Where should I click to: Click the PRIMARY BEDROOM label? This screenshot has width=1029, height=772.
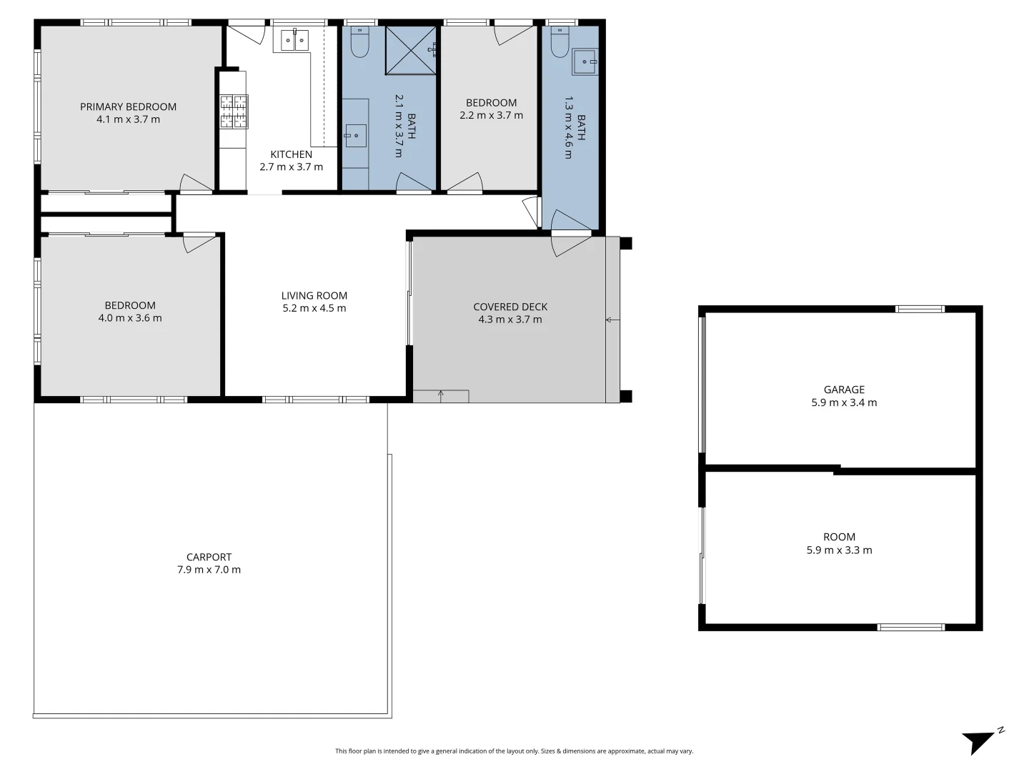pos(128,107)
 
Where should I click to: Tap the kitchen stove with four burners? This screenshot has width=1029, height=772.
pos(234,112)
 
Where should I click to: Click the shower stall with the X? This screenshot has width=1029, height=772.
pos(410,50)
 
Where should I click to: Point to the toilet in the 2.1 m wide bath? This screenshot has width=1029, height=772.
pos(359,44)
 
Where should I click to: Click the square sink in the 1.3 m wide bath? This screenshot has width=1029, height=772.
pos(585,62)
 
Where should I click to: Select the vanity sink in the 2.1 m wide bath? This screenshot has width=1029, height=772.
pos(355,135)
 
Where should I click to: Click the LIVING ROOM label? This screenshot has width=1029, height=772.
pos(314,295)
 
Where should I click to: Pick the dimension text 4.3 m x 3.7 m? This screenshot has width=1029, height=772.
pos(510,320)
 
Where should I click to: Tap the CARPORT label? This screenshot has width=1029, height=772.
pos(209,557)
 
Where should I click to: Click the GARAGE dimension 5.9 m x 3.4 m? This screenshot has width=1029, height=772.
pos(844,402)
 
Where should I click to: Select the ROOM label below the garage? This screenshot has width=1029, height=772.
pos(839,537)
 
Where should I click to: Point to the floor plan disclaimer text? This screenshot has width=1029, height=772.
pos(514,751)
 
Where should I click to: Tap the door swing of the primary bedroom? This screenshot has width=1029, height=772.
pos(194,184)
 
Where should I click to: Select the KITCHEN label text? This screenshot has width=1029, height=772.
pos(291,154)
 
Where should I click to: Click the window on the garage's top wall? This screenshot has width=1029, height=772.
pos(920,310)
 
